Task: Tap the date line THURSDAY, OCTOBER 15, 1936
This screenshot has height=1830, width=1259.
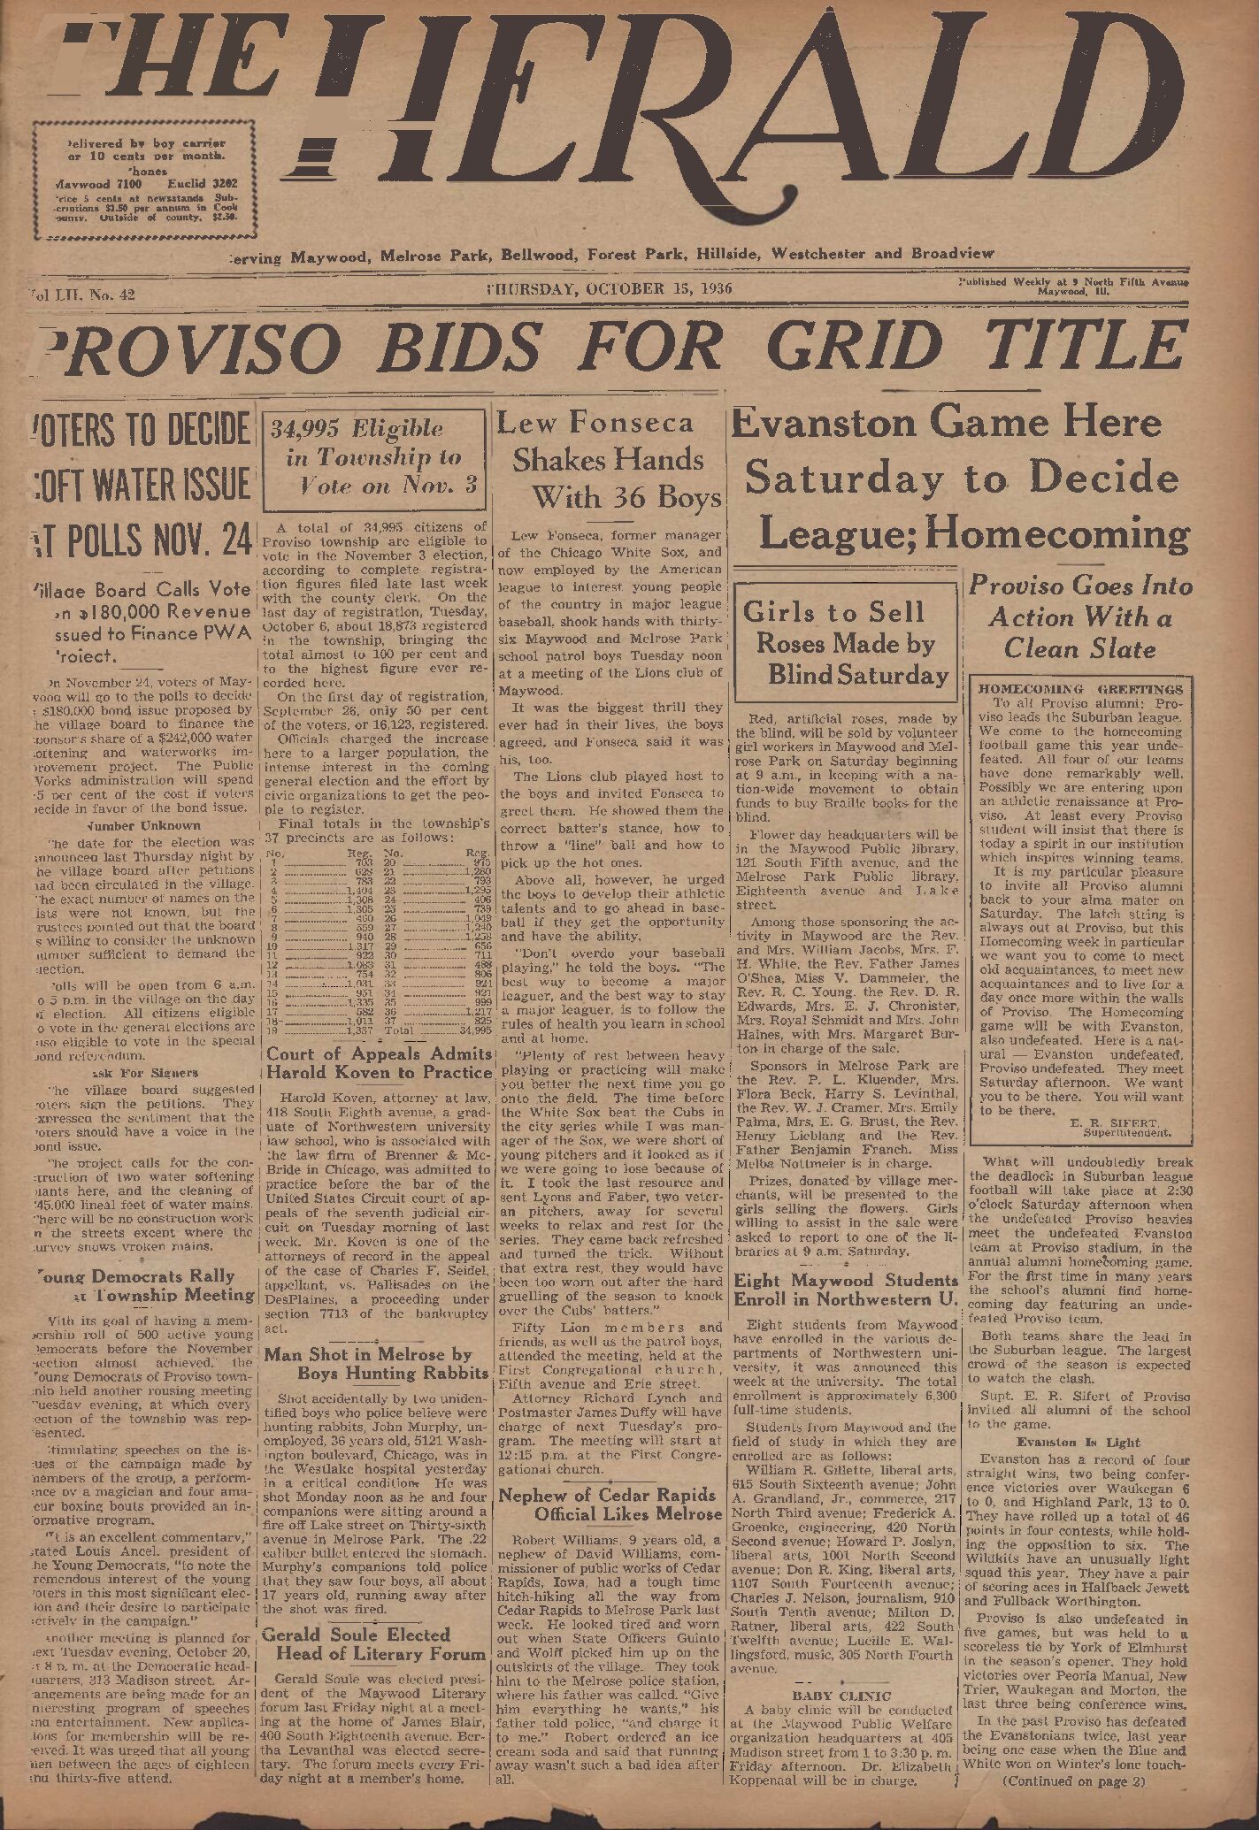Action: click(609, 288)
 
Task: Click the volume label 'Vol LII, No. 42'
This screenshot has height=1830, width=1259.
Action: click(81, 295)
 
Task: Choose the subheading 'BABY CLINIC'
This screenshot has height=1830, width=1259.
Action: click(841, 1696)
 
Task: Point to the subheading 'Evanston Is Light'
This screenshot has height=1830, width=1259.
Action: click(1078, 1442)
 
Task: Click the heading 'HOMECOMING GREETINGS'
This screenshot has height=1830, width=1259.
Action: click(1080, 688)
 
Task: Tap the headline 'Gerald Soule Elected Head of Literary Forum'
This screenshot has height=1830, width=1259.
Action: click(375, 1643)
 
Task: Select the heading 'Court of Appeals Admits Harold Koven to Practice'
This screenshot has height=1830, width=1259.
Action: click(379, 1063)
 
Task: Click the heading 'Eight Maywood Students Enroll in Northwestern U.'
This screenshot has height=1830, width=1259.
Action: click(845, 1290)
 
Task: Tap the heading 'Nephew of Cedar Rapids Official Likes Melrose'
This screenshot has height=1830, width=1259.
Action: click(610, 1504)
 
